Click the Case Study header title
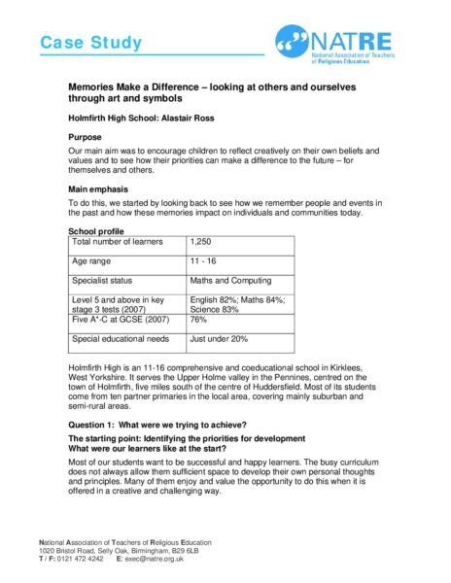pos(90,43)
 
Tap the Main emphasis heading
pos(100,188)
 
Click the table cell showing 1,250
pos(202,241)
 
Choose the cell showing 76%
pos(199,318)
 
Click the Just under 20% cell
pos(221,339)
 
